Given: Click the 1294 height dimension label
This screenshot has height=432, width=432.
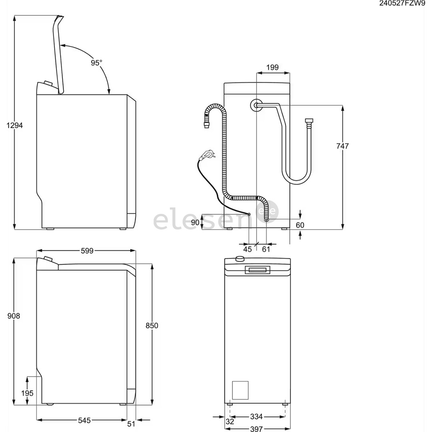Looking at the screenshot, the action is (15, 125).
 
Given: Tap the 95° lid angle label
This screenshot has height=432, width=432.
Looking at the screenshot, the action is (96, 63).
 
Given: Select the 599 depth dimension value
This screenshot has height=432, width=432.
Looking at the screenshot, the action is (87, 251).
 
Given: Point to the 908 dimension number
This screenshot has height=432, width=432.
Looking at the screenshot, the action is (14, 316).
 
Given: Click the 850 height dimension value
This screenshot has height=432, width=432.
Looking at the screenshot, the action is (152, 326).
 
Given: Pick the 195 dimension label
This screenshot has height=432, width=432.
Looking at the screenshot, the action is (27, 393).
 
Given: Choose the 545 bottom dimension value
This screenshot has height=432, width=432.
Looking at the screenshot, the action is (84, 420).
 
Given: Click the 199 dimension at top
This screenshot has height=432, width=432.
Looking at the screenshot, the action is (272, 67).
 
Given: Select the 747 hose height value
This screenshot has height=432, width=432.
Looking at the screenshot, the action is (342, 146).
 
